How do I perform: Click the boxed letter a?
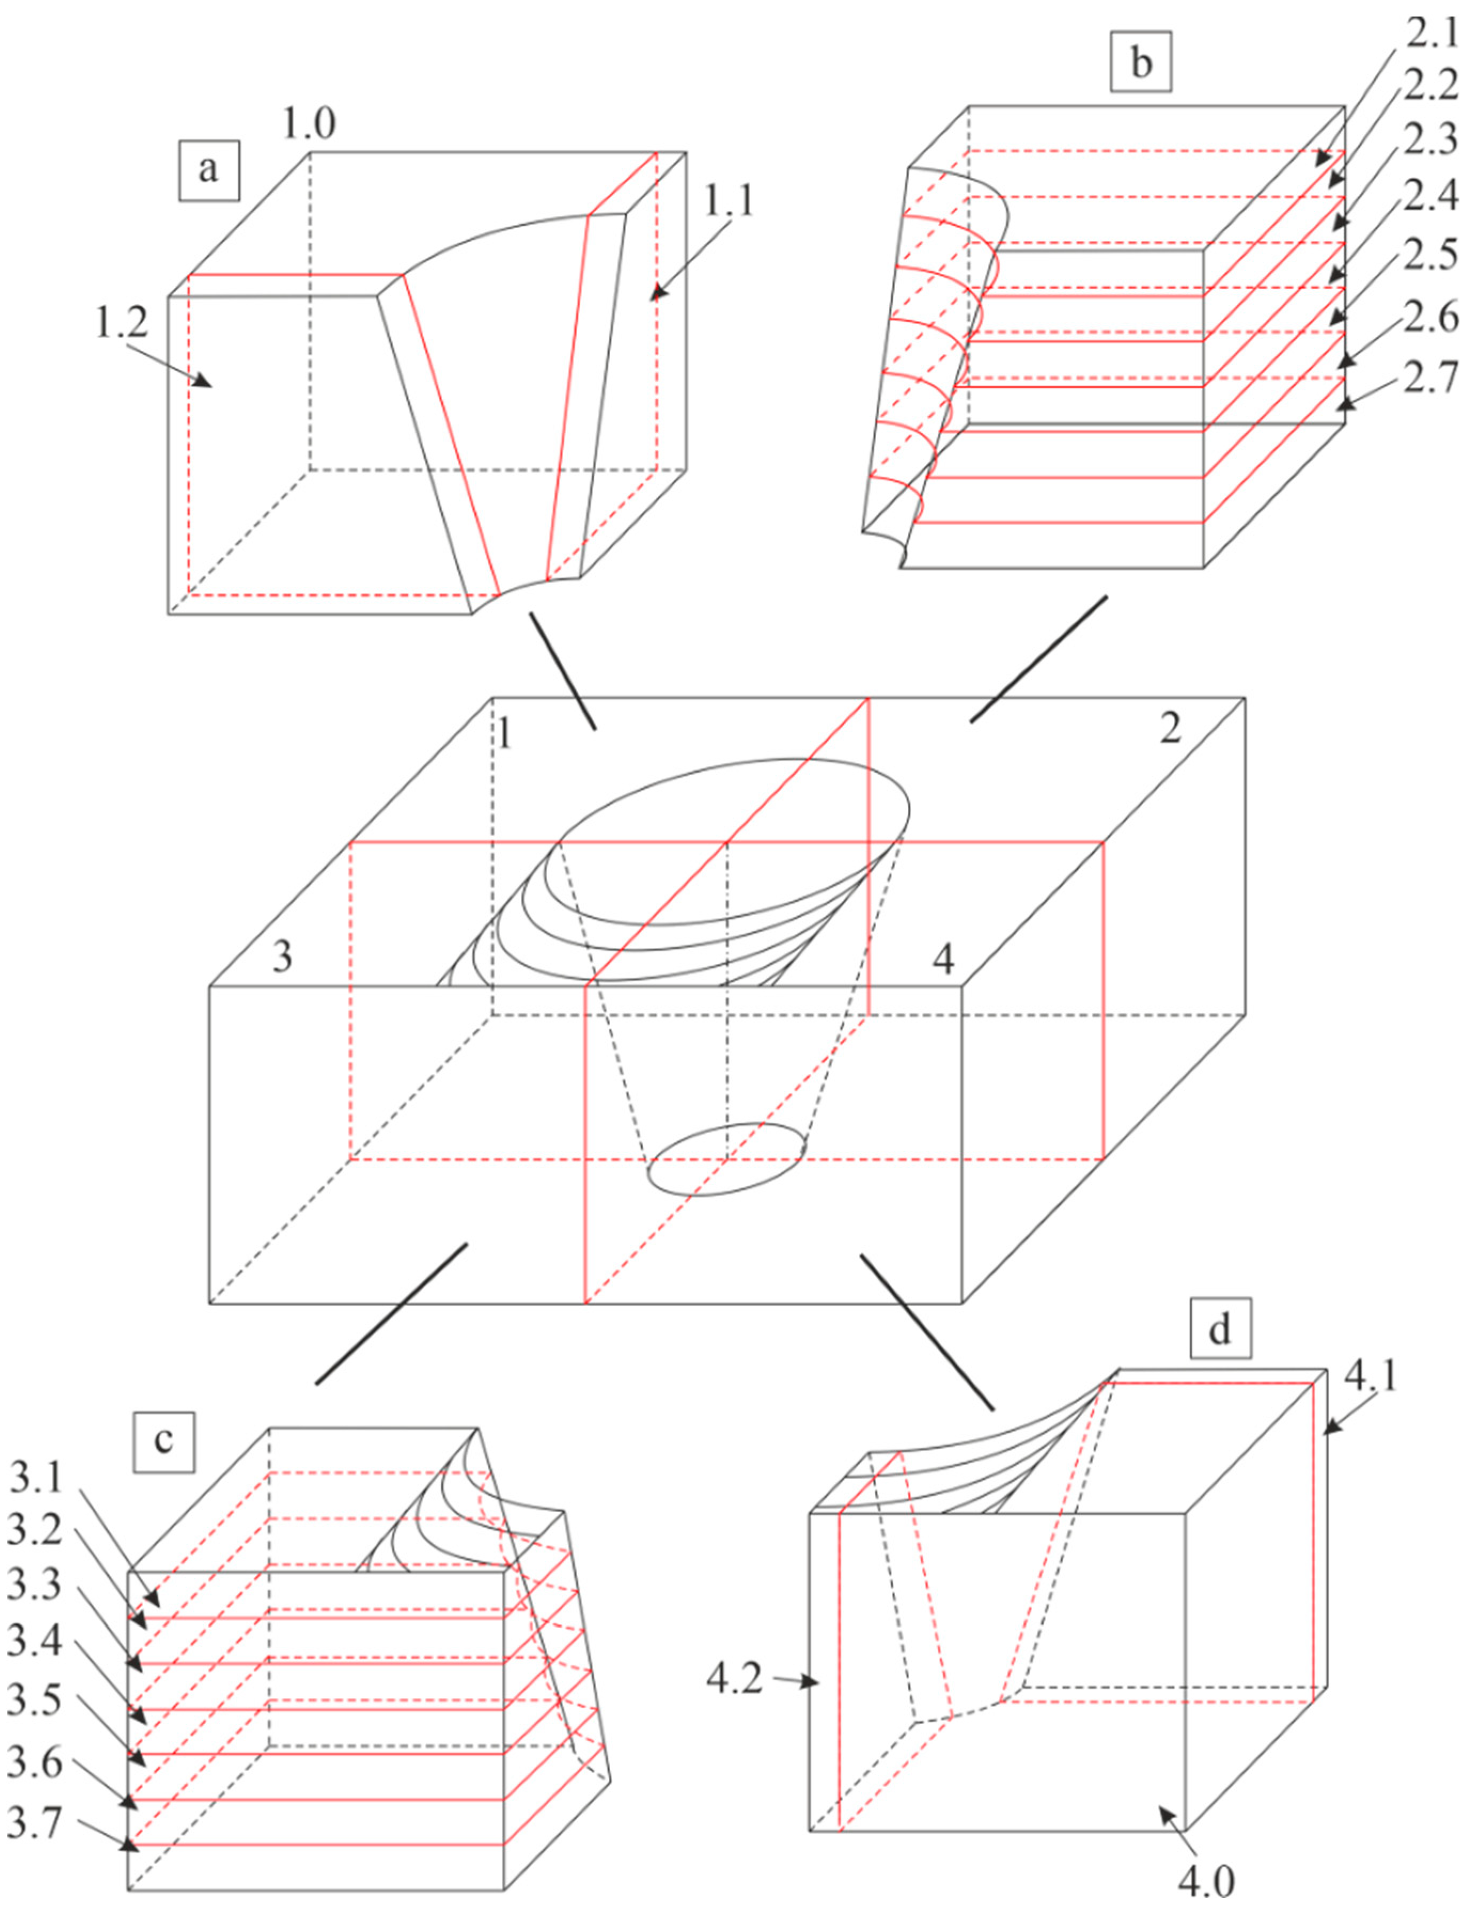[208, 168]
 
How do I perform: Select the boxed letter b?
[1140, 63]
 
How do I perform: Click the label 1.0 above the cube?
[308, 124]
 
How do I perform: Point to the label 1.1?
[728, 201]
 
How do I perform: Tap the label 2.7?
[1431, 378]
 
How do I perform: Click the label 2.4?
[1431, 194]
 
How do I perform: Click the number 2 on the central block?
[1170, 728]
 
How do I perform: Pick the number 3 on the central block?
[281, 957]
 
